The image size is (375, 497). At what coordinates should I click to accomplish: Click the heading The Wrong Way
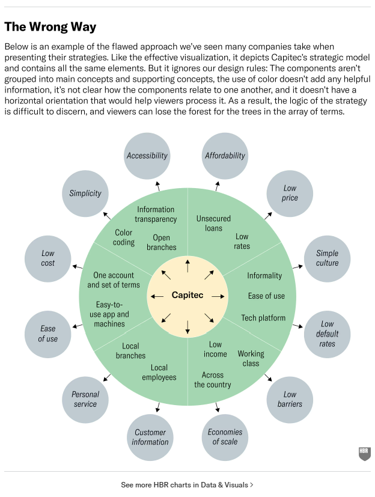pyautogui.click(x=50, y=27)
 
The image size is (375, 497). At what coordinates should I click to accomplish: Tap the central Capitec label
pyautogui.click(x=187, y=295)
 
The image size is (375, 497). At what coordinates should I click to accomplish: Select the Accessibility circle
pyautogui.click(x=147, y=155)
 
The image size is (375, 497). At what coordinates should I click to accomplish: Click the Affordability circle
pyautogui.click(x=225, y=155)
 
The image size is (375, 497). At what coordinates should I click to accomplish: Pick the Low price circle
pyautogui.click(x=290, y=193)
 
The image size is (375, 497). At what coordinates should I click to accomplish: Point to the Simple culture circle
pyautogui.click(x=327, y=258)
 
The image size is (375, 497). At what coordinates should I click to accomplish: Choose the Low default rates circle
pyautogui.click(x=327, y=334)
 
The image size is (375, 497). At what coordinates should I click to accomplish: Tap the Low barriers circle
pyautogui.click(x=290, y=399)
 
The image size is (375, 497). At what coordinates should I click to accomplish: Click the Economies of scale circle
pyautogui.click(x=225, y=437)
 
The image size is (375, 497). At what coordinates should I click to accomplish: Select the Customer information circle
pyautogui.click(x=150, y=437)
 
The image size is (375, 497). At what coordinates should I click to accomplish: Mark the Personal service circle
pyautogui.click(x=85, y=399)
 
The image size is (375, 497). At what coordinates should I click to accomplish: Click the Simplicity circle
pyautogui.click(x=85, y=193)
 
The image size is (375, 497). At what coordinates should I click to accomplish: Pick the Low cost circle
pyautogui.click(x=48, y=258)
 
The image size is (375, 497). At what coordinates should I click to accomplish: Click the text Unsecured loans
pyautogui.click(x=213, y=224)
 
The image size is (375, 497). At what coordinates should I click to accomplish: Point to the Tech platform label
pyautogui.click(x=263, y=317)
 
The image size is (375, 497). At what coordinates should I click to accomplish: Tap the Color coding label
pyautogui.click(x=123, y=237)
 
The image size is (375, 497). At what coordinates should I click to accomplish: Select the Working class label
pyautogui.click(x=251, y=358)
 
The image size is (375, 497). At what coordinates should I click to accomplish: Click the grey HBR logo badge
pyautogui.click(x=364, y=454)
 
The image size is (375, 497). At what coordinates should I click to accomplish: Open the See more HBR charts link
pyautogui.click(x=187, y=484)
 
